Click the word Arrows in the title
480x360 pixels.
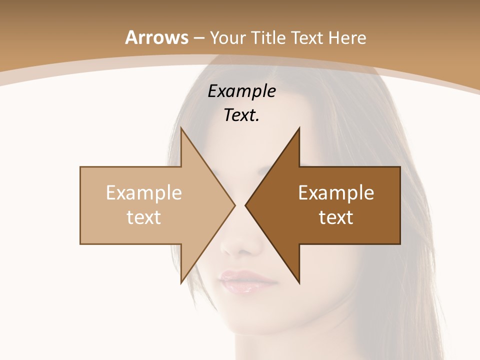point(157,37)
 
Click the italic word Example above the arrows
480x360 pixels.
point(241,91)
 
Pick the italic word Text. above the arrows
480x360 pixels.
point(241,115)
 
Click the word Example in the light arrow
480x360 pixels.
point(144,193)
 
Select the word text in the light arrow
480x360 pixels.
point(144,217)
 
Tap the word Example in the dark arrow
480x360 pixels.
point(336,193)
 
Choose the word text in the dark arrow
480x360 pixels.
point(336,217)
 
